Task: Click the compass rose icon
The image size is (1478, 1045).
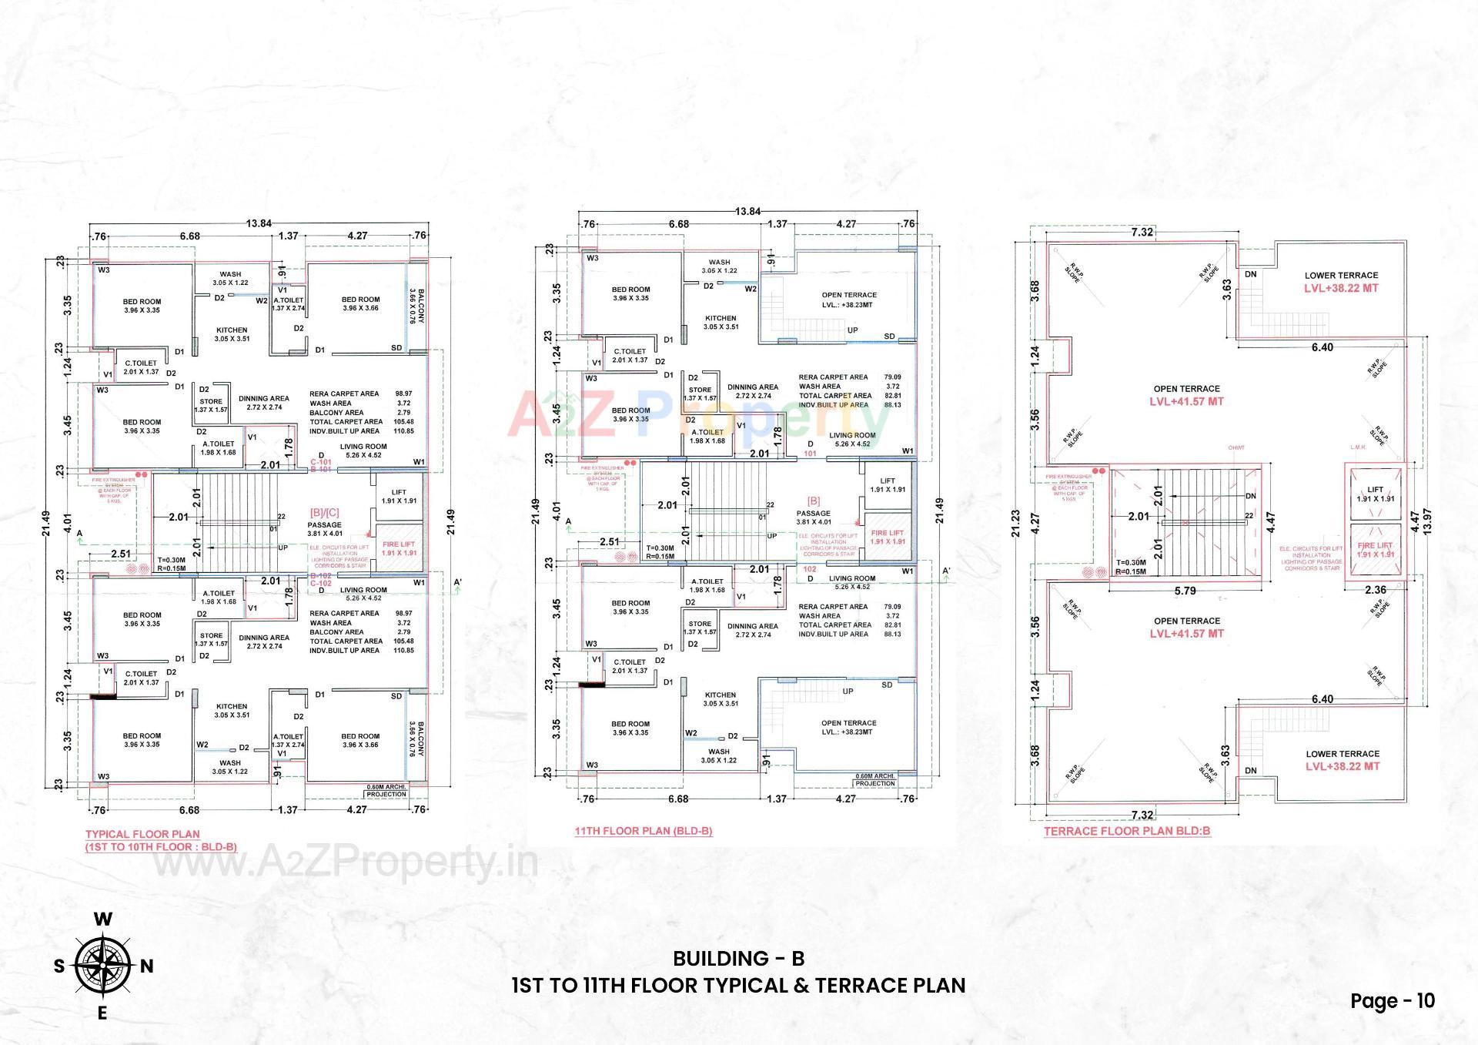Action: (102, 965)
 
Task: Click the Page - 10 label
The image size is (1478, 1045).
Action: (1392, 1000)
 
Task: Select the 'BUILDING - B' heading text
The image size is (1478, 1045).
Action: (738, 958)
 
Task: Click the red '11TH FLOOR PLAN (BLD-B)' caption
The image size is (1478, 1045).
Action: (643, 831)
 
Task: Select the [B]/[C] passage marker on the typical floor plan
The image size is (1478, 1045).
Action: (324, 512)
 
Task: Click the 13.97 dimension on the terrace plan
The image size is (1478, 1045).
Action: (1428, 525)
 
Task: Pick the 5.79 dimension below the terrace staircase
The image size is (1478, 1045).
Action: (1185, 591)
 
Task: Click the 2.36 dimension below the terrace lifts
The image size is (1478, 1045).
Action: (1375, 591)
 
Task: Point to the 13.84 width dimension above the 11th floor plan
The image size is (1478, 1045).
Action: (747, 211)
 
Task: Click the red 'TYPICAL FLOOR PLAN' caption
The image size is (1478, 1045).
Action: (142, 834)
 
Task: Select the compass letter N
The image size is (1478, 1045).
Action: (146, 966)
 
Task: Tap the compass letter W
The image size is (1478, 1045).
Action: (102, 919)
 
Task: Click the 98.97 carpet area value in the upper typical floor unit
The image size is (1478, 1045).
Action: (403, 394)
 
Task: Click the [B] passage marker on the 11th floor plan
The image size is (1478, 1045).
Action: (813, 501)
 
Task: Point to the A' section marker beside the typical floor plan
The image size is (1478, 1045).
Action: (457, 582)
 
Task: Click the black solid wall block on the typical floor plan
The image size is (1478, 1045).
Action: (103, 696)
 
